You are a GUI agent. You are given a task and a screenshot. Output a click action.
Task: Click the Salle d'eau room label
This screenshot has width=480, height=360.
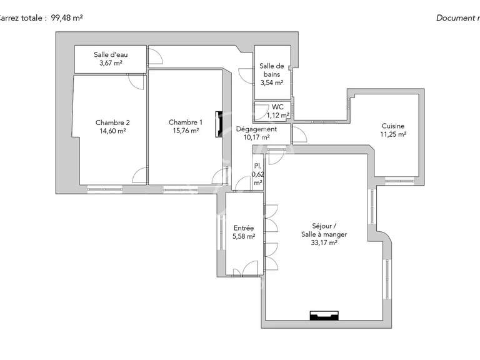110,54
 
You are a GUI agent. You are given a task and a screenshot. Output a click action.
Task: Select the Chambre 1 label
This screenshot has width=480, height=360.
186,122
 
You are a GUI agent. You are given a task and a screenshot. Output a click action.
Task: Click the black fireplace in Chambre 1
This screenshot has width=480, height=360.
219,124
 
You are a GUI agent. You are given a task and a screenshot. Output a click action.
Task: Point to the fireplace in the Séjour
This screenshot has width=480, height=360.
325,316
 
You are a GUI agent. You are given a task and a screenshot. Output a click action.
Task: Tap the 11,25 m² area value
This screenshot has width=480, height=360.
393,134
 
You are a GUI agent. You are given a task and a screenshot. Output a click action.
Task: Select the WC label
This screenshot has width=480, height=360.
277,107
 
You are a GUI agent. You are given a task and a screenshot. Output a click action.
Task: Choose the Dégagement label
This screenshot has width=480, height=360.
256,129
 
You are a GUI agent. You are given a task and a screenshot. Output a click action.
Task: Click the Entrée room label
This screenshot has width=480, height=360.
243,228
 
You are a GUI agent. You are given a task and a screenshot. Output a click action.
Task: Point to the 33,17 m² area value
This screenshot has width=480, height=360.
324,243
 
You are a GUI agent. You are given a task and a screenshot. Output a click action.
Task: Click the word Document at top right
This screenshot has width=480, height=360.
454,18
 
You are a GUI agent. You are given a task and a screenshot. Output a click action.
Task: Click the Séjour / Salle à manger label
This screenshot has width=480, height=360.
324,230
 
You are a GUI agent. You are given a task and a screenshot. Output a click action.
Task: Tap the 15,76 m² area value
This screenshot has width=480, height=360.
186,131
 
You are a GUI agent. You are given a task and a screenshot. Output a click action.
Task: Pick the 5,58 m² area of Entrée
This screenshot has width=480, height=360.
243,236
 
